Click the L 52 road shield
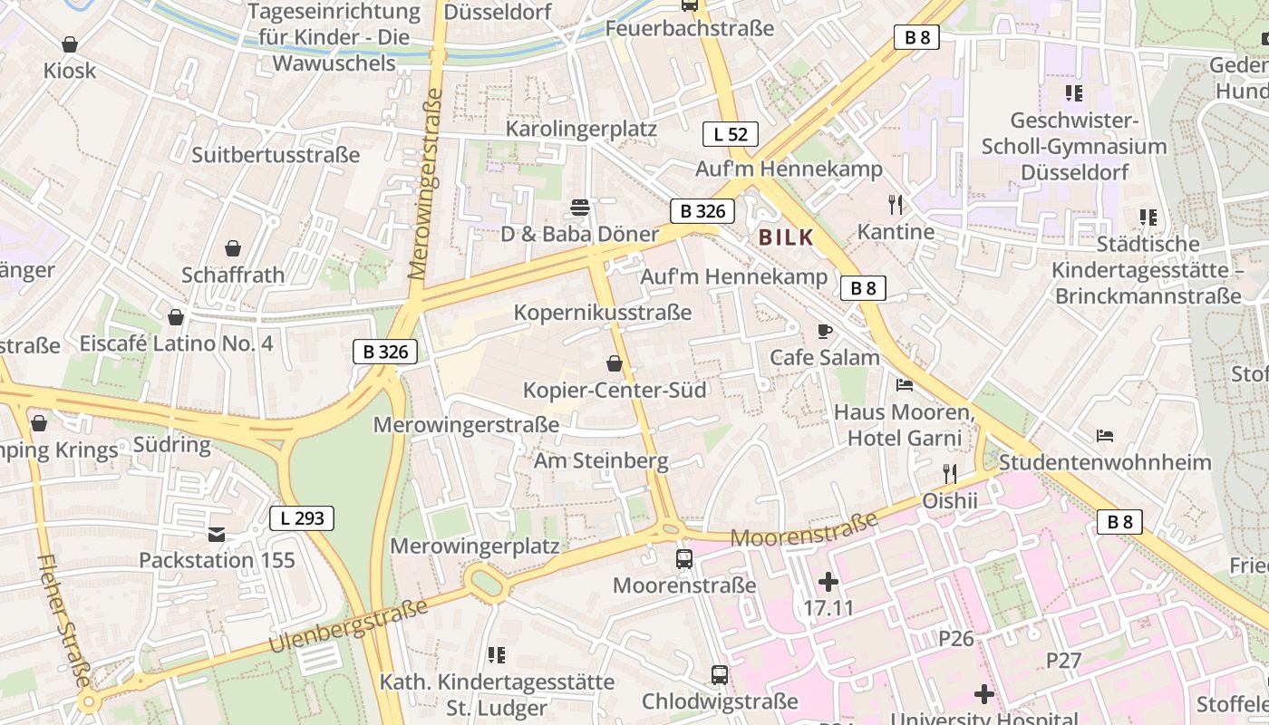731,135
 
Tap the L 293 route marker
302,518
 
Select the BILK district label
786,238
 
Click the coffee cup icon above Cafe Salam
824,332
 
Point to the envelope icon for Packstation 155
217,535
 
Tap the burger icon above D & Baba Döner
580,208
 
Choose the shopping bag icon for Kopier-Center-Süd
615,364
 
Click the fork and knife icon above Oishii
949,474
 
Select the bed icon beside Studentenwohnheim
1104,436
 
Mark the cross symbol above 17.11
828,581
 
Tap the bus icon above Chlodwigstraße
720,675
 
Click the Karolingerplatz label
581,129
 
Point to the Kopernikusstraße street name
603,313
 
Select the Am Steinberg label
601,460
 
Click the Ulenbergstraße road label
349,626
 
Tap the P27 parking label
1064,660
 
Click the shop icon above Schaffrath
233,248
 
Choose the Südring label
171,445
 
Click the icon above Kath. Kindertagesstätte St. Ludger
496,654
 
